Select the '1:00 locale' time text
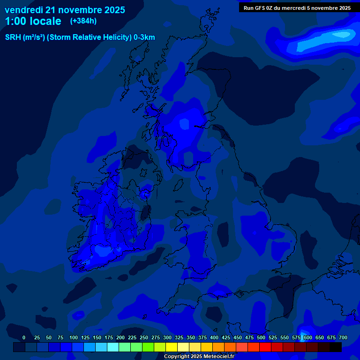33,21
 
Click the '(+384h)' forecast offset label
83,21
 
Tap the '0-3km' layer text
144,37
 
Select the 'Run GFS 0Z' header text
259,8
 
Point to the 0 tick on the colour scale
24,337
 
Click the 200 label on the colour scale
120,337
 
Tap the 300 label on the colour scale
167,337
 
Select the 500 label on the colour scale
261,337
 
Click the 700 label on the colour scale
343,337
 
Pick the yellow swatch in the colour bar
172,347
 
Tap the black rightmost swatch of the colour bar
336,347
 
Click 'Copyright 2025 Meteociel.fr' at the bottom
199,356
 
